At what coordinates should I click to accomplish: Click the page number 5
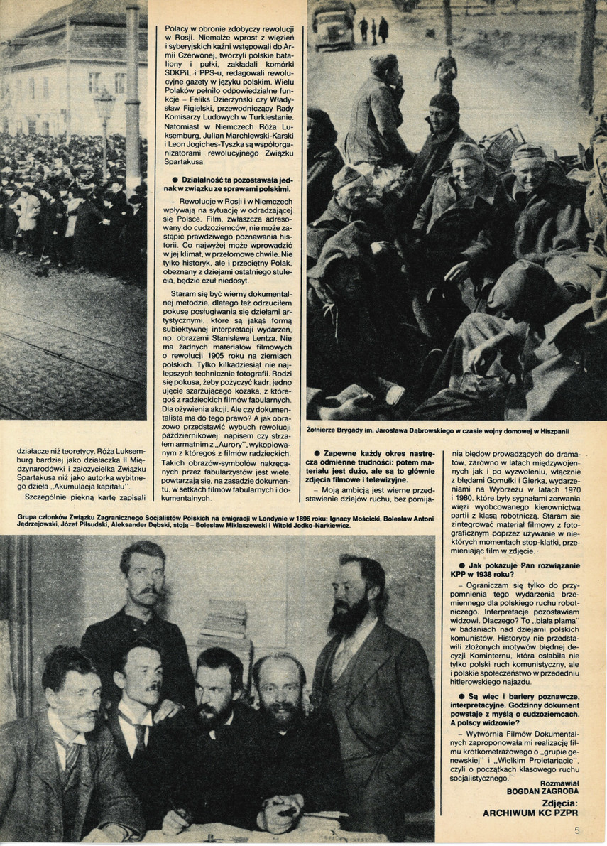tap(577, 828)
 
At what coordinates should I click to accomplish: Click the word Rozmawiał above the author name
tap(540, 779)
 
